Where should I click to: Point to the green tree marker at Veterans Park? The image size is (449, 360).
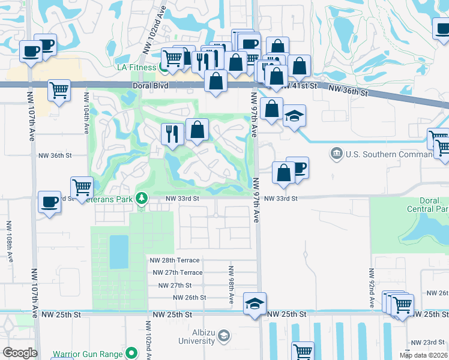[142, 197]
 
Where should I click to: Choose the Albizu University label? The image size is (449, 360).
[196, 337]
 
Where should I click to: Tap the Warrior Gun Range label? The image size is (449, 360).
[87, 354]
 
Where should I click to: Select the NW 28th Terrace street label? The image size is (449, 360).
[175, 259]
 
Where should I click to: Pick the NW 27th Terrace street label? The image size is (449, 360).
[178, 272]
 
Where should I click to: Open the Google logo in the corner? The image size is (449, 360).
[20, 353]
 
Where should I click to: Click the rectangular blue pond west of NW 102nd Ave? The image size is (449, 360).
[119, 251]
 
